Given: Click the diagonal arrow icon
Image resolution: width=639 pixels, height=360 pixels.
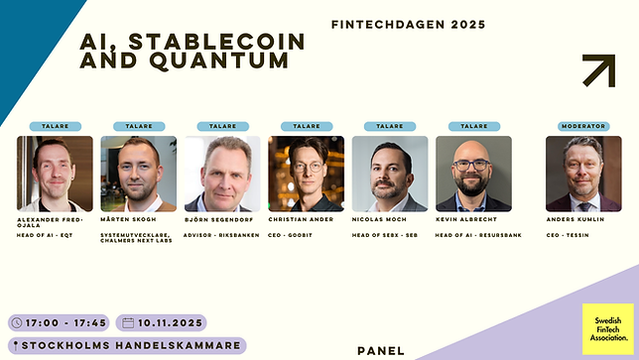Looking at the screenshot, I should [x=598, y=70].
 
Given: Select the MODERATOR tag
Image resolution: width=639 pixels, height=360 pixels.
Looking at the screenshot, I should [x=583, y=126].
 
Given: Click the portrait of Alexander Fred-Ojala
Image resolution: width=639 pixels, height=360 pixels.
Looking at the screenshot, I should [x=55, y=174].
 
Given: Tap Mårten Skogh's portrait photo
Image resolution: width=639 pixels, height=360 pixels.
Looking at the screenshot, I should [x=138, y=174].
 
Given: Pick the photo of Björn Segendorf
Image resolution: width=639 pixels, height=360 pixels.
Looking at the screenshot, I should [x=222, y=174].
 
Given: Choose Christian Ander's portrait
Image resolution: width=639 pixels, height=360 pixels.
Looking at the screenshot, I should [x=306, y=174].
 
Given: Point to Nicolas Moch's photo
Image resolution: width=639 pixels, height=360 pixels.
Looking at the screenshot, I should [x=390, y=174].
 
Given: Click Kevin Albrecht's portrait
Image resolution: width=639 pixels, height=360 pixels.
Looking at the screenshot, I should [x=473, y=174].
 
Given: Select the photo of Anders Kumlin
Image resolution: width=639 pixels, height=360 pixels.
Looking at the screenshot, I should [x=583, y=174].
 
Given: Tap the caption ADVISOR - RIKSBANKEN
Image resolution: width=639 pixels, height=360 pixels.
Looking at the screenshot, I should [x=221, y=235].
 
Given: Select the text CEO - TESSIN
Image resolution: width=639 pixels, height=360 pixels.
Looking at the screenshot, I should [x=569, y=235].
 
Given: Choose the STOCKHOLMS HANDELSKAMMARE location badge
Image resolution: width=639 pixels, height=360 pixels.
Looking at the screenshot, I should [x=126, y=346].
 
